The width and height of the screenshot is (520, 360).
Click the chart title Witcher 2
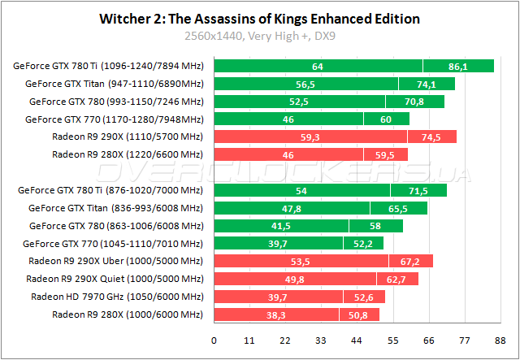point(259,18)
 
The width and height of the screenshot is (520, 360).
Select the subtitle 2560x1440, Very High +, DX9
point(259,36)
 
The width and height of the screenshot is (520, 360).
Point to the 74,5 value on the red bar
point(431,137)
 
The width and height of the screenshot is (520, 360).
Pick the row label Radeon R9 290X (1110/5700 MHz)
point(127,137)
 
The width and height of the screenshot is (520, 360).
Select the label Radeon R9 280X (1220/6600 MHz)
point(127,154)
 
